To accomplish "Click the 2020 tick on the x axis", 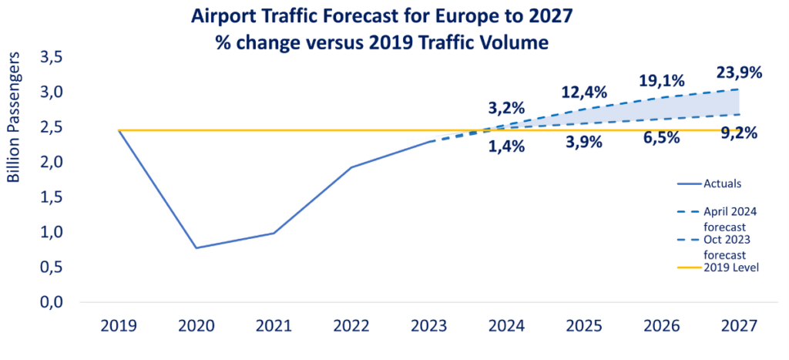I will pos(196,326).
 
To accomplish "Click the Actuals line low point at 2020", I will pos(196,247).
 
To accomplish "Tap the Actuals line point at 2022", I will pos(351,167).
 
